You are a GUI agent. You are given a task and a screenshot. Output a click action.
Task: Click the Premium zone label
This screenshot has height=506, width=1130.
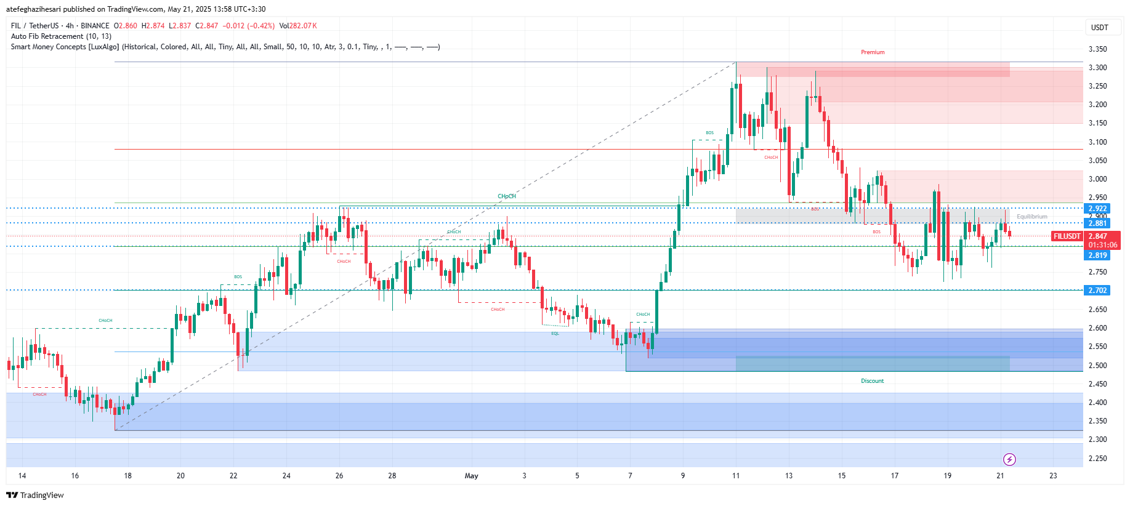pos(872,52)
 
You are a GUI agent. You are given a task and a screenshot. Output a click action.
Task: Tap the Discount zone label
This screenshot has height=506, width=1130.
pos(872,381)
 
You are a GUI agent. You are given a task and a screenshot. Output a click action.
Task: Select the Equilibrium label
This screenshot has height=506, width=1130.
pos(1031,217)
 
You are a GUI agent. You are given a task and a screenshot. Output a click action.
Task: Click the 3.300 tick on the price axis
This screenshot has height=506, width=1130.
pos(1097,68)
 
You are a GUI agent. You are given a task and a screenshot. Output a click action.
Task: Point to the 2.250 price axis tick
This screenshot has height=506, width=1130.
pos(1097,459)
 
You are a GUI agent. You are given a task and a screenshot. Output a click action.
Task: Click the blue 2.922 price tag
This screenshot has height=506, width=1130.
pos(1097,209)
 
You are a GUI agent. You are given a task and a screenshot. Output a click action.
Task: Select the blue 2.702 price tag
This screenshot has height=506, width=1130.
pos(1097,291)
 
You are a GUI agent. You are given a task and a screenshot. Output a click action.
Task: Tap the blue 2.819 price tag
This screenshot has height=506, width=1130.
pos(1097,255)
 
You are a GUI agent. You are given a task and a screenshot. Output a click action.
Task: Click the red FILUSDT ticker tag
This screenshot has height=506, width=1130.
pos(1067,236)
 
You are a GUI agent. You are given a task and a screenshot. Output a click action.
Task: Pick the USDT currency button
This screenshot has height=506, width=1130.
pos(1099,28)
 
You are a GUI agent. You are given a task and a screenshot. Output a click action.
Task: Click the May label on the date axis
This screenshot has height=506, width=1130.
pos(471,476)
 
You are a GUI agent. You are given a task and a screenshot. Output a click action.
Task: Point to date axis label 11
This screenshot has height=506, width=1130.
pos(736,476)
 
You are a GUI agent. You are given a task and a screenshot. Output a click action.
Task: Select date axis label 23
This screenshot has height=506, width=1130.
pos(1053,476)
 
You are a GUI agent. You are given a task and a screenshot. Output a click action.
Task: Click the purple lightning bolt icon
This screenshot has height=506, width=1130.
pos(1009,459)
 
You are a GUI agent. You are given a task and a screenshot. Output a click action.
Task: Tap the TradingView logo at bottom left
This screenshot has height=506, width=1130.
pos(35,496)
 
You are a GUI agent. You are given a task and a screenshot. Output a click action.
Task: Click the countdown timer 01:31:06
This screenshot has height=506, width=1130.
pos(1102,245)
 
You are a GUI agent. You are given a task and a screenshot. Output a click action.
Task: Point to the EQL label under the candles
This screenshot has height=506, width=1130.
pos(555,334)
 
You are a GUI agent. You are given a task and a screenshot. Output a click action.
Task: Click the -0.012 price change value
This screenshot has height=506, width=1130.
pos(233,26)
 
